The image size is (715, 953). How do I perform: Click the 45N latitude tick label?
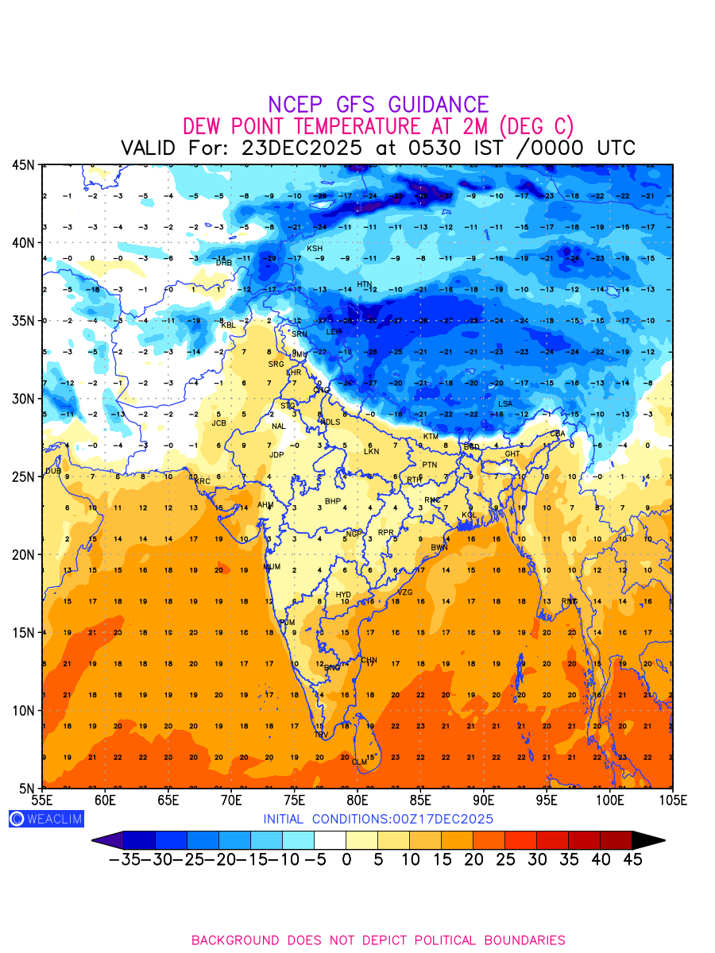coord(23,164)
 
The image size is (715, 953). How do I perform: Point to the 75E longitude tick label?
coord(294,799)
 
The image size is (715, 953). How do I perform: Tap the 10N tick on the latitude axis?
coord(23,710)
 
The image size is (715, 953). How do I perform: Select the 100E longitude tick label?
coord(609,799)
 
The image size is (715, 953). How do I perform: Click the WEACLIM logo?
coord(46,819)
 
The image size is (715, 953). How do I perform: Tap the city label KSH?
coord(315,249)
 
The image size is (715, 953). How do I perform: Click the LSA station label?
coord(505,404)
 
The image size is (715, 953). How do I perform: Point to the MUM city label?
coord(272,567)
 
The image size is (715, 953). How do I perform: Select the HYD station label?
coord(343,595)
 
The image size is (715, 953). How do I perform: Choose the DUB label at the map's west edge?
coord(53,471)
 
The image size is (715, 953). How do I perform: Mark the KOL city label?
coord(469,515)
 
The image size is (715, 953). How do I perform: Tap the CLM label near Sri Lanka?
coord(359,762)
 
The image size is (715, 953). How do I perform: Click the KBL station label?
coord(228,325)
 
